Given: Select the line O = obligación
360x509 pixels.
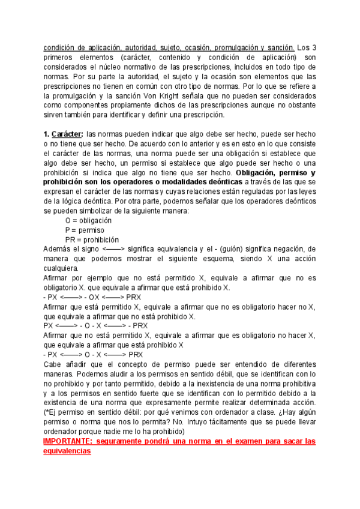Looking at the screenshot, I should tap(88, 221).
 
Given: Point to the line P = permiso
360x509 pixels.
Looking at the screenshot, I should tap(85, 230).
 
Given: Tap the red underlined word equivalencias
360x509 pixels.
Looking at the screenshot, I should tap(67, 451).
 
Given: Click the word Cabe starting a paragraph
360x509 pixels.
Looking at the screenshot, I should tap(53, 364).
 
